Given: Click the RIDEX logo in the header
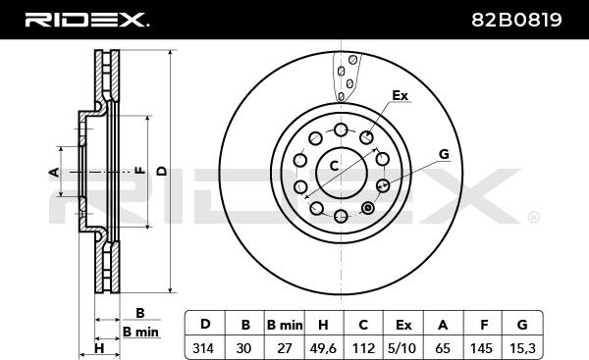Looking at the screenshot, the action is coord(87,20).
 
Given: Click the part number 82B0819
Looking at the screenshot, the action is coord(516,20).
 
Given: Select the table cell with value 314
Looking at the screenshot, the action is coord(203,348).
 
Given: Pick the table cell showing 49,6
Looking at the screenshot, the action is coord(323,349).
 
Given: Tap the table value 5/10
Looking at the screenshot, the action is coord(402,349).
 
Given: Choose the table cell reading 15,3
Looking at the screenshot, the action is coord(522,349).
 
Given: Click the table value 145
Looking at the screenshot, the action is coord(481,349).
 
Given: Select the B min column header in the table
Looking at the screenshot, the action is coord(285,325).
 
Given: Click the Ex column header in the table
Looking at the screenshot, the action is coord(403,325).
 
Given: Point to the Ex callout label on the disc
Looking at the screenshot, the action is coord(400,96).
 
